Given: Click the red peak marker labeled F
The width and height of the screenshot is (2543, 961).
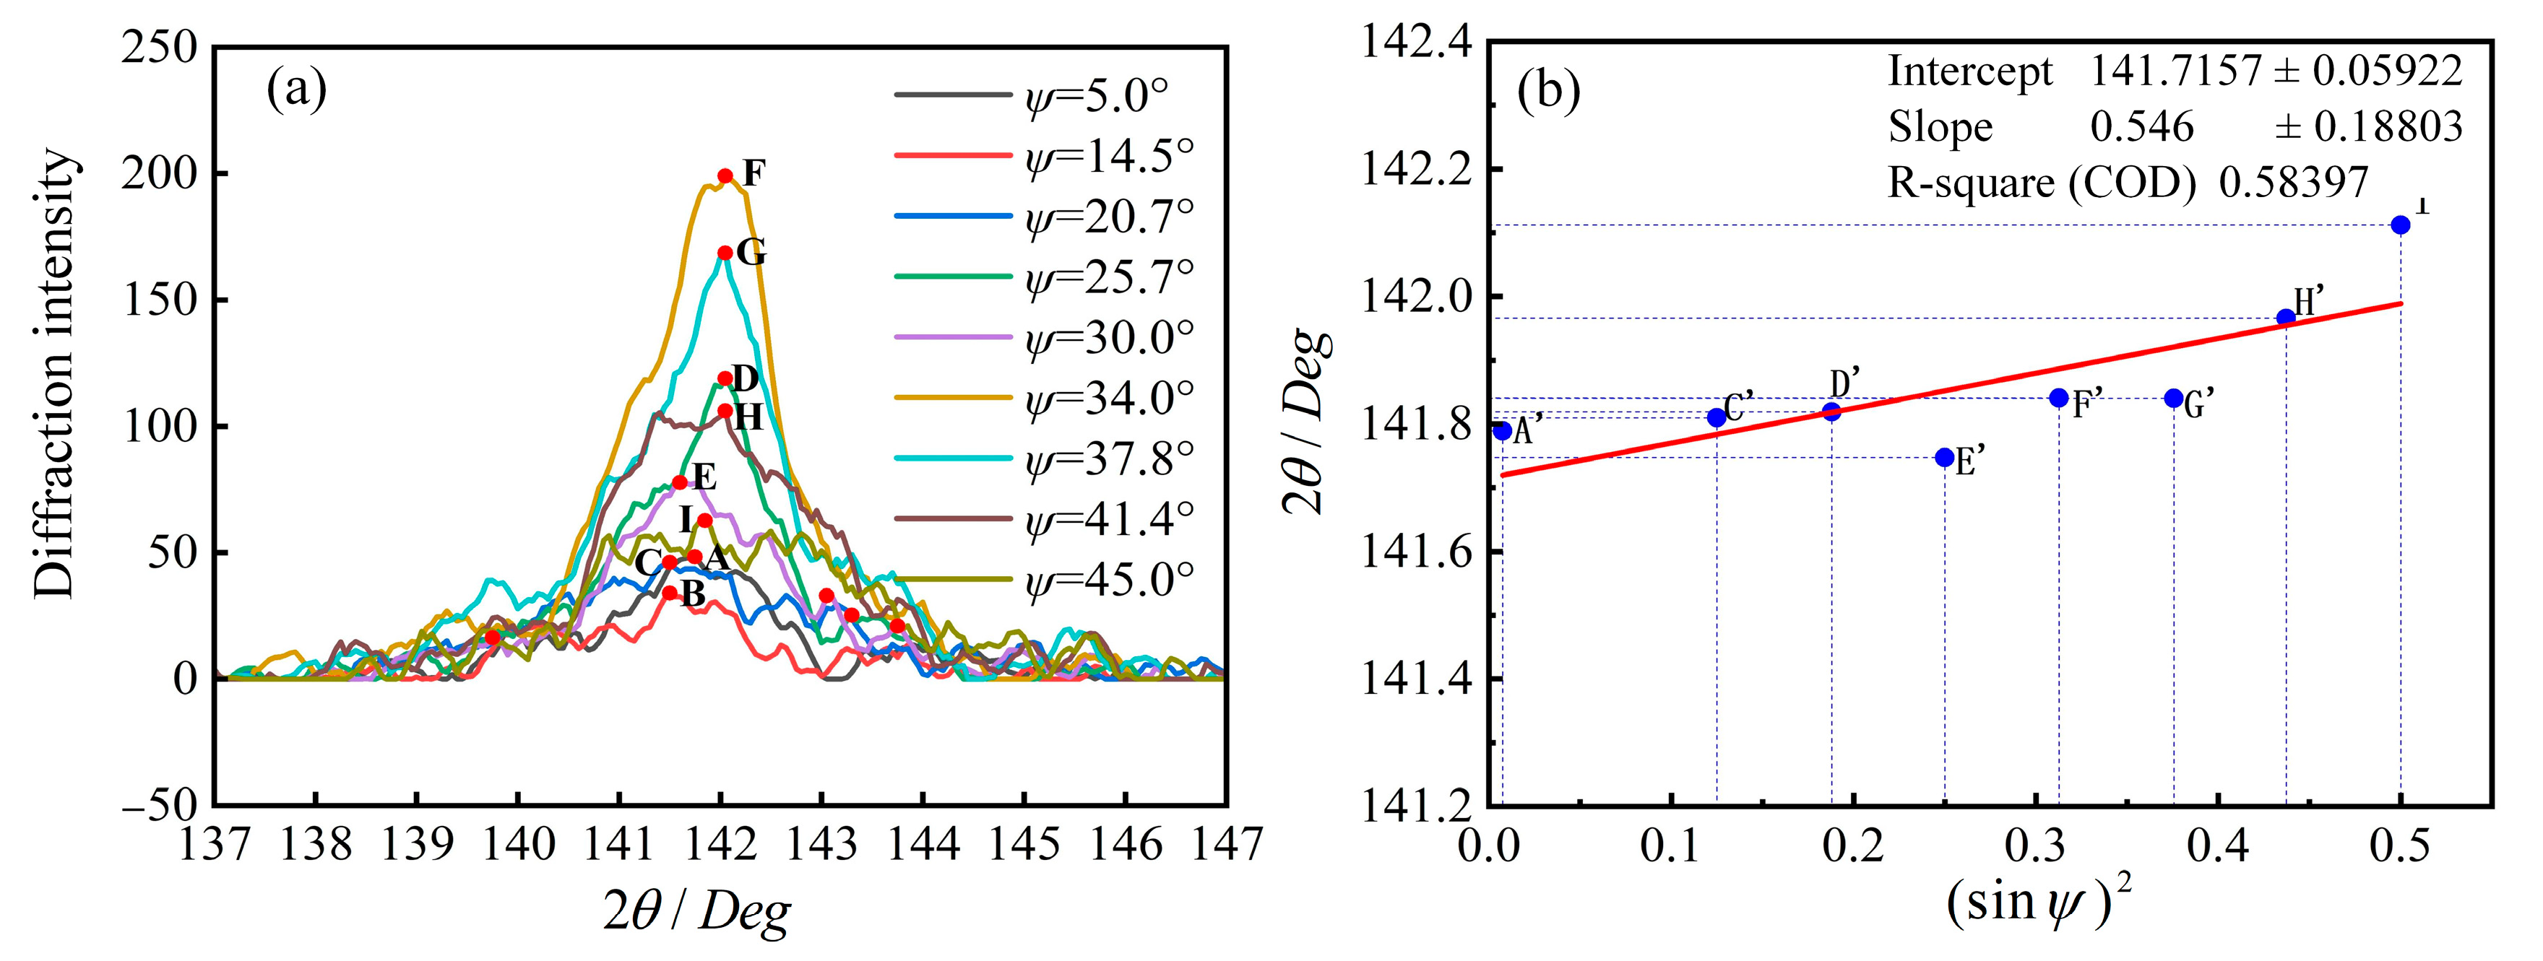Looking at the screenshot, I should pos(725,175).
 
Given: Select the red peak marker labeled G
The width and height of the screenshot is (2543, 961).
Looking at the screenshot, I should pos(725,253).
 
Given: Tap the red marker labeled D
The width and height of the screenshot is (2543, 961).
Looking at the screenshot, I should pos(725,378).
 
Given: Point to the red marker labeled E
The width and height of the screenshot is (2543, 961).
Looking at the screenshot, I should pos(679,482).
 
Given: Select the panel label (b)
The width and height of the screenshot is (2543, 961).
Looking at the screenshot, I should pos(1548,92).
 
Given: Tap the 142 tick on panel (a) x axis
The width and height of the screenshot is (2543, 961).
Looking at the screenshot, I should pos(721,843).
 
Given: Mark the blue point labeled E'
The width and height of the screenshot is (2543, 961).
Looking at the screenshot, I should pos(1945,458).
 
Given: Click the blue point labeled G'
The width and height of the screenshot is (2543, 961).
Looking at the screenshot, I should pos(2174,399).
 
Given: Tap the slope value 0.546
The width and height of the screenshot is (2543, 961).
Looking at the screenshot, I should pos(2141,127).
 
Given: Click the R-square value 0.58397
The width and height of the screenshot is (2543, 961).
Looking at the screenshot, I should pos(2293,183).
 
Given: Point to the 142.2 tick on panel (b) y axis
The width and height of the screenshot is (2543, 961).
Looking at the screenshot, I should pos(1417,170).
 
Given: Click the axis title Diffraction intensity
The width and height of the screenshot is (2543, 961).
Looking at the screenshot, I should pos(54,375).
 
